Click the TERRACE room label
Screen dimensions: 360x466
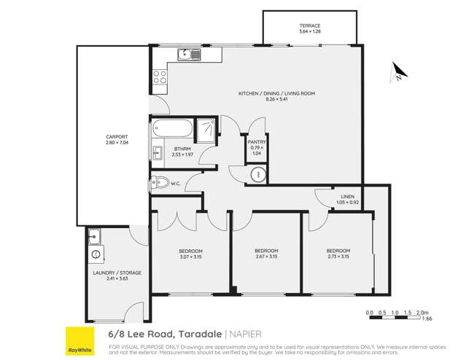[310, 26]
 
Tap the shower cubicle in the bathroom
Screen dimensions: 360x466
[206, 128]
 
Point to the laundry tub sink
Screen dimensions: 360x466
[95, 236]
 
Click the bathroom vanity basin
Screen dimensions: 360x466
[158, 152]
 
